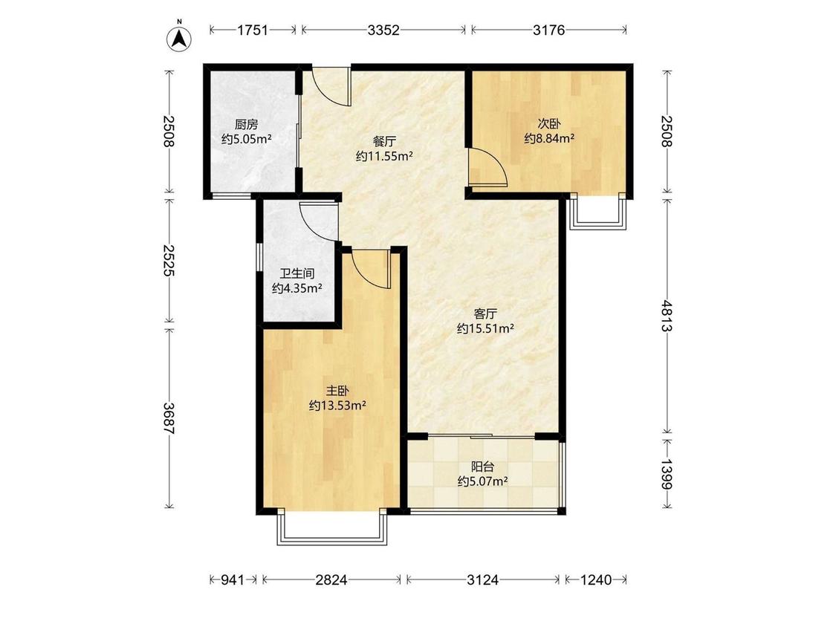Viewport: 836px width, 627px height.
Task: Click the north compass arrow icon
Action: coord(180,39)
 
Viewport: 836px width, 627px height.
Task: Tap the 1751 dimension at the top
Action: coord(253,30)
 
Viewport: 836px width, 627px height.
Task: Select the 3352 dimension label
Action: coord(383,30)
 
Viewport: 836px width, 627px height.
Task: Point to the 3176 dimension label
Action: coord(549,30)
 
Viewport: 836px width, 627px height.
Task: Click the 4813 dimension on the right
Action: coord(667,316)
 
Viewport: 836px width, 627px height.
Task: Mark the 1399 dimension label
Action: coord(667,474)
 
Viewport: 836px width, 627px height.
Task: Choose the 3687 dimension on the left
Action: coord(169,418)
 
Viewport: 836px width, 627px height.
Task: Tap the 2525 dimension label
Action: coord(169,260)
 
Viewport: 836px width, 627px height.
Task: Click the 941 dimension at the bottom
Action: coord(233,579)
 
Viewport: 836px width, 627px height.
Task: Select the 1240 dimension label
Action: coord(596,579)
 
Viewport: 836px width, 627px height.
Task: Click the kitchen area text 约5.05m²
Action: coord(247,139)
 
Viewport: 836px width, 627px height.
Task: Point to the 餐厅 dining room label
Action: coord(384,142)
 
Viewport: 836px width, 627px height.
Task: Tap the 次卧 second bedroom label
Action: coord(548,124)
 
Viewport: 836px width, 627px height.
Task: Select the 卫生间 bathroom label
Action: coord(297,274)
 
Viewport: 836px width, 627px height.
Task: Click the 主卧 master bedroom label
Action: coord(337,391)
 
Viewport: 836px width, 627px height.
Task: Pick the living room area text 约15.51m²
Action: coord(485,328)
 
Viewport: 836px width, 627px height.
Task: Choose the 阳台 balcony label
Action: coord(482,467)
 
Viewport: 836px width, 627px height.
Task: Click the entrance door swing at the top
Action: coord(331,86)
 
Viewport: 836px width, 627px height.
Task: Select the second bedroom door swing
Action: coord(487,167)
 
